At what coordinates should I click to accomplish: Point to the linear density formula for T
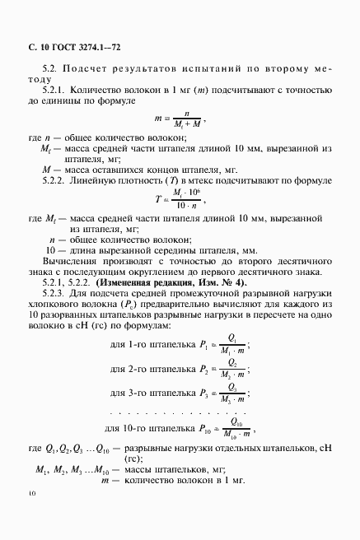click(x=179, y=198)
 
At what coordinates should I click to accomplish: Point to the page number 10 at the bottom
click(x=32, y=518)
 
